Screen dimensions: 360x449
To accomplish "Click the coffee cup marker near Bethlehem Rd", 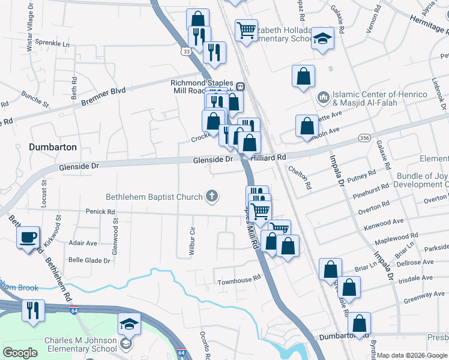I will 28,238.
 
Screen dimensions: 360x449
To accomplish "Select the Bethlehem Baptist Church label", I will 154,196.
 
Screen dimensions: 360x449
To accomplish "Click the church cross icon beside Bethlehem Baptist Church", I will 211,196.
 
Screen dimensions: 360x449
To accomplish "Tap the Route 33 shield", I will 188,52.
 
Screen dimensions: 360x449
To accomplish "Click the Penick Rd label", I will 100,212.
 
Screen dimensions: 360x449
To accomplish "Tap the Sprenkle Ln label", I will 52,44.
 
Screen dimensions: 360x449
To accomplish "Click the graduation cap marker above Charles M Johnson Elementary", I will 129,325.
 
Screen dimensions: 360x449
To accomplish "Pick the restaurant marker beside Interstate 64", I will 32,310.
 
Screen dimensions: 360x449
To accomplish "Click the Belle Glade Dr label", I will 89,260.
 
